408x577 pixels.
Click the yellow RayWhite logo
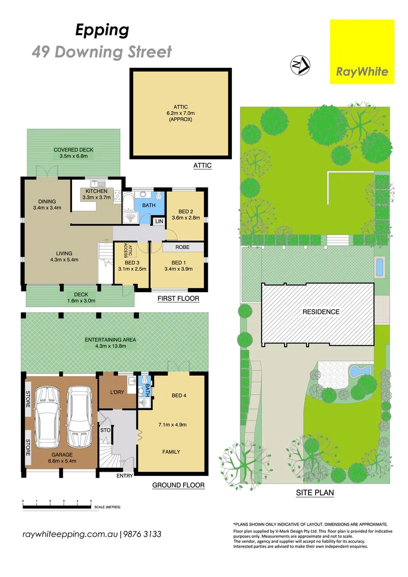(x=362, y=52)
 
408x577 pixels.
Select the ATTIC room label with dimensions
(x=181, y=113)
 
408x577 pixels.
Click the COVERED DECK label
(x=74, y=153)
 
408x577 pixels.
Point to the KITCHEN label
(x=95, y=194)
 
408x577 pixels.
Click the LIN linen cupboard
(x=159, y=221)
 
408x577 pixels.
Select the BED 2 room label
(x=185, y=214)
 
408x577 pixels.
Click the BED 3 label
(x=132, y=266)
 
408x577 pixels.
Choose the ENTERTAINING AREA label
(x=111, y=343)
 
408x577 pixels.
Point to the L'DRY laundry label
(x=116, y=393)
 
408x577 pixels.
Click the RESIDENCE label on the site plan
(x=321, y=311)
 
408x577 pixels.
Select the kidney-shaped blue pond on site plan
(x=359, y=371)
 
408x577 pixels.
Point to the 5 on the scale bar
(x=91, y=501)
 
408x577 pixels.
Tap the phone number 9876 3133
(x=142, y=534)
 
